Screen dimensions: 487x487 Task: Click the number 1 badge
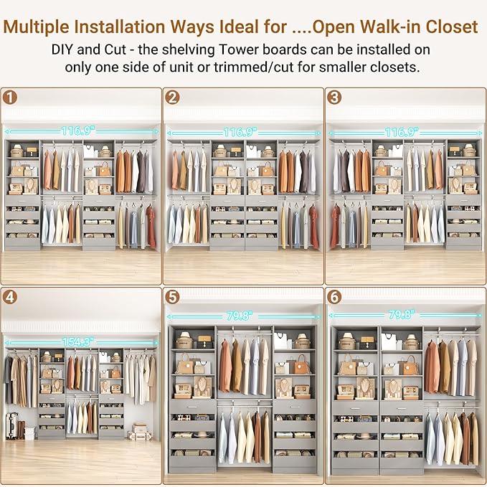click(x=9, y=97)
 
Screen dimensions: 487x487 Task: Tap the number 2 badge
click(x=171, y=97)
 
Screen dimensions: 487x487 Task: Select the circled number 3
click(x=334, y=97)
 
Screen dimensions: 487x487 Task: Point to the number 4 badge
click(x=9, y=296)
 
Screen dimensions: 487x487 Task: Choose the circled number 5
click(x=171, y=296)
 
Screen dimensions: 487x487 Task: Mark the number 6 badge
click(x=334, y=296)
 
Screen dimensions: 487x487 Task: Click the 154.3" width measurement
click(x=80, y=344)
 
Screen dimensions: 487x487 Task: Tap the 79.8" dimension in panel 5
click(x=242, y=316)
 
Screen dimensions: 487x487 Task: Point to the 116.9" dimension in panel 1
click(x=80, y=131)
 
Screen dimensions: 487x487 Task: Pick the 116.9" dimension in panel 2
click(x=242, y=133)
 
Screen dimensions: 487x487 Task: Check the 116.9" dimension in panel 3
click(x=403, y=133)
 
